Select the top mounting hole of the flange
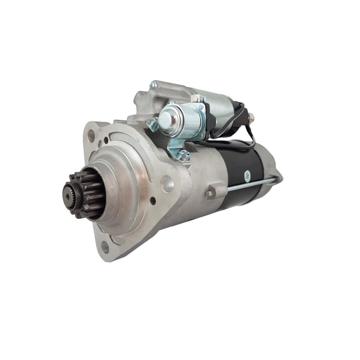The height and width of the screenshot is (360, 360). click(x=91, y=133)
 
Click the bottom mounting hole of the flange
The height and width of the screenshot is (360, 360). click(x=105, y=246)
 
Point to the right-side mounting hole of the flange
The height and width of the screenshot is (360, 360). click(x=167, y=184)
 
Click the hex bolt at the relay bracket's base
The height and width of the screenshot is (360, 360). click(x=184, y=156)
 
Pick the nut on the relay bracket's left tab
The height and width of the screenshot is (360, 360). click(x=153, y=124)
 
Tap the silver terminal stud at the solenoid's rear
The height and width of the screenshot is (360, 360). click(x=251, y=117)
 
